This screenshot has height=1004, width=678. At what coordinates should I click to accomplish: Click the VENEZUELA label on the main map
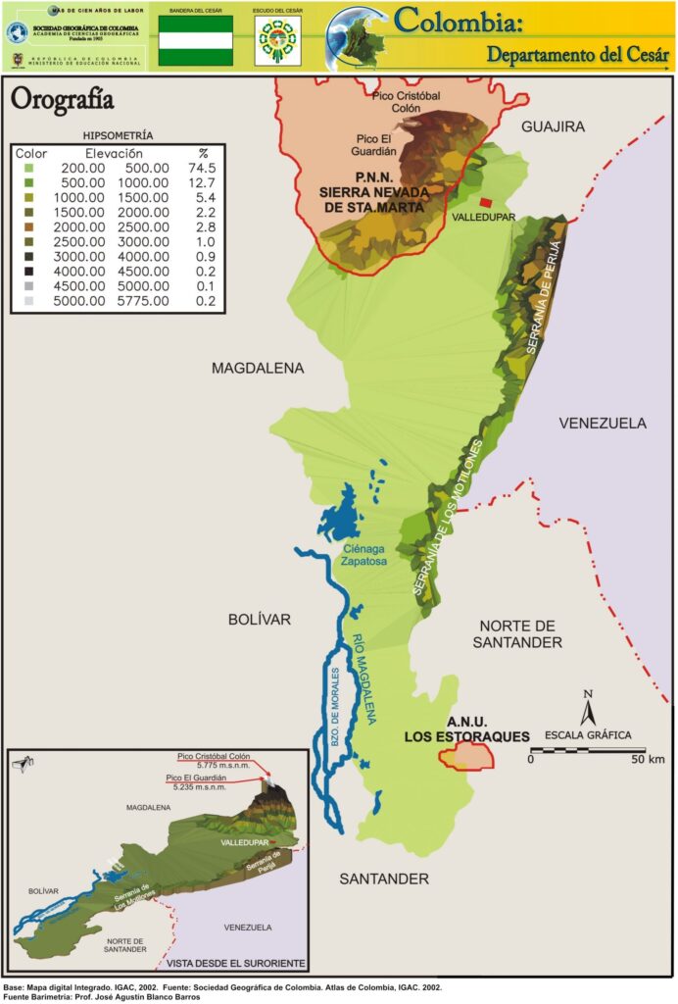tap(603, 424)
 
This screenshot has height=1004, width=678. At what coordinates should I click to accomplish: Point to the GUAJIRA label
tap(553, 126)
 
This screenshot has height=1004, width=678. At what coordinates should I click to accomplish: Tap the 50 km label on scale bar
tap(648, 759)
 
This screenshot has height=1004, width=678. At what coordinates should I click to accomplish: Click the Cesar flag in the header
tap(196, 40)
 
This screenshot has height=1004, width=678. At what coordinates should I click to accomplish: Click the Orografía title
tap(61, 100)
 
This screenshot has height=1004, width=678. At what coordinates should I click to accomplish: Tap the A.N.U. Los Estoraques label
tap(468, 728)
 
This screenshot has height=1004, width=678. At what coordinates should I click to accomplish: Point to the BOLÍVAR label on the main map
tap(260, 619)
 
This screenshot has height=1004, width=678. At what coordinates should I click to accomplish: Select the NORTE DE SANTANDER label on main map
tap(520, 633)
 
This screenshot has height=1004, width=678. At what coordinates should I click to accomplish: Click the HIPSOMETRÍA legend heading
tap(119, 134)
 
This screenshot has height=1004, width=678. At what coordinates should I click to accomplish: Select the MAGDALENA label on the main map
tap(258, 368)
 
